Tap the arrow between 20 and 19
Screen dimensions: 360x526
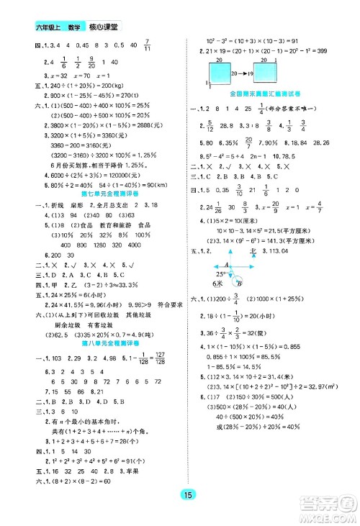click(x=241, y=73)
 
